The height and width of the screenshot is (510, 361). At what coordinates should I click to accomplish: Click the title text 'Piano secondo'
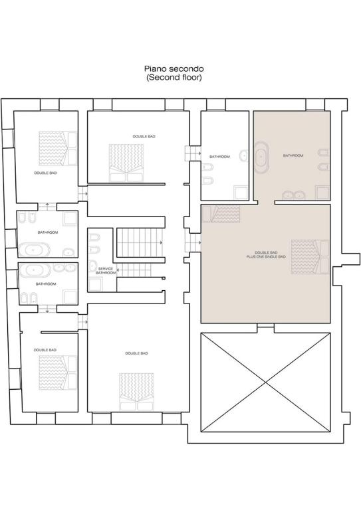click(174, 69)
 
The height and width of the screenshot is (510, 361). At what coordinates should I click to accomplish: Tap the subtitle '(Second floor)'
click(174, 78)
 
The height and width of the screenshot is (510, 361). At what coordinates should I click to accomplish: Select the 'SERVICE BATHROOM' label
click(106, 271)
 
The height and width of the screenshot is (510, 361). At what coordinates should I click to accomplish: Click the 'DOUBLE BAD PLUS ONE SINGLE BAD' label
click(266, 254)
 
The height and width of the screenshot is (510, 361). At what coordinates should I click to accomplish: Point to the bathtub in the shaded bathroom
click(261, 157)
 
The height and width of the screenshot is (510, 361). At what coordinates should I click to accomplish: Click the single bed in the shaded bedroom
click(221, 214)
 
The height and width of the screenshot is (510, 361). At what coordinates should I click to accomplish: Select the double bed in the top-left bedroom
click(58, 148)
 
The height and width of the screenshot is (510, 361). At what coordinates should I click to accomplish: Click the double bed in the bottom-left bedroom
click(58, 373)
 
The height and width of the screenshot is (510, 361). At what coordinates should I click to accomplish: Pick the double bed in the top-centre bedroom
click(126, 163)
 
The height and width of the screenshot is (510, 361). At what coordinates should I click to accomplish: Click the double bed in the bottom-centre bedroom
click(137, 392)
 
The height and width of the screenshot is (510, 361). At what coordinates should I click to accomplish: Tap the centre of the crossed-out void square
click(266, 382)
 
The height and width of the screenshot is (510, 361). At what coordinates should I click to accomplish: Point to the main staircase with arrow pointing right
click(140, 242)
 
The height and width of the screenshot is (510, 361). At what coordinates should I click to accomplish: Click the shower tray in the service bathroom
click(96, 285)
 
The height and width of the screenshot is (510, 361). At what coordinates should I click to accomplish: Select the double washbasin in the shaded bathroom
click(294, 195)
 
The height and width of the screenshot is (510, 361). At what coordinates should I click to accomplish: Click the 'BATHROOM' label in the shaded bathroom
click(293, 155)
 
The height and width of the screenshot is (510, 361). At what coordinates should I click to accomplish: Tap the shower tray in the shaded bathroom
click(322, 192)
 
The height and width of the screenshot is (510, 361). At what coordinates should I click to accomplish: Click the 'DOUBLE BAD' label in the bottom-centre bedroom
click(137, 353)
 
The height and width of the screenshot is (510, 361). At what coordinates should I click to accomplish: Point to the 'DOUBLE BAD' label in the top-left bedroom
click(46, 173)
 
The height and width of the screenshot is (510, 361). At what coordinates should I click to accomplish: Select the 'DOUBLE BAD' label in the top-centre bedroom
click(144, 137)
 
